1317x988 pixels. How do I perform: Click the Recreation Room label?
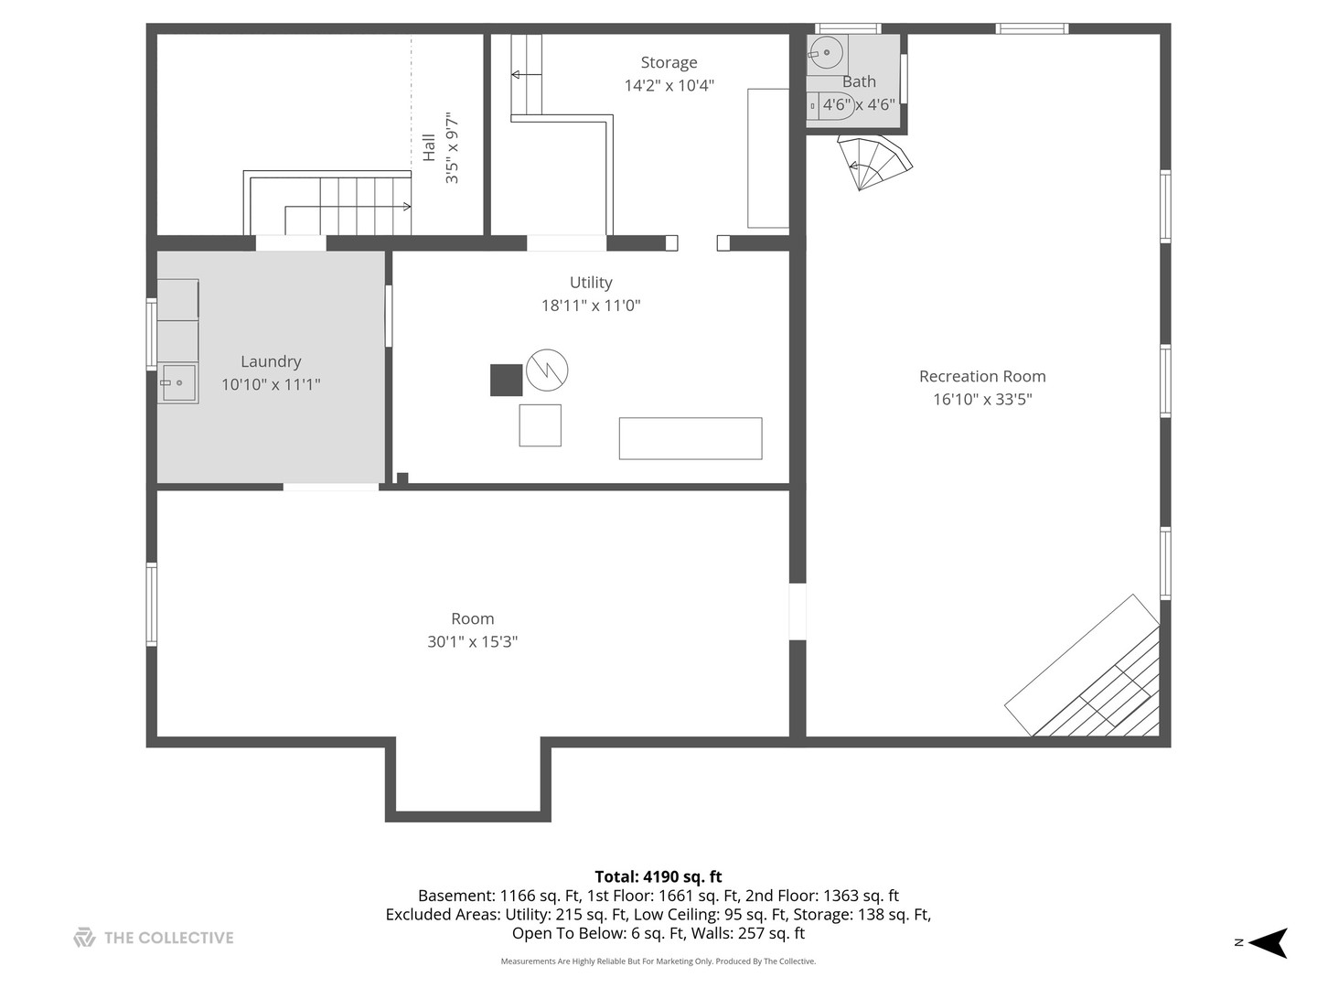click(982, 376)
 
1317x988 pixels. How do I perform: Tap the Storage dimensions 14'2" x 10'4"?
click(669, 85)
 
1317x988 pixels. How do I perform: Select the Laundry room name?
click(271, 361)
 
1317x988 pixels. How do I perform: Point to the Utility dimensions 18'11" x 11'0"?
click(591, 306)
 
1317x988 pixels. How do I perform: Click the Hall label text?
click(428, 147)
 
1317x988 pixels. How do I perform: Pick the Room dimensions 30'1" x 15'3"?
click(472, 642)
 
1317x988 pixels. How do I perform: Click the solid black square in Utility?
click(507, 381)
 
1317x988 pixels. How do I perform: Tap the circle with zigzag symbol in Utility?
click(547, 370)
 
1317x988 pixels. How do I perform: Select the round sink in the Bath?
click(826, 53)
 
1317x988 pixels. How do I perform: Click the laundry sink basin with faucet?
click(178, 382)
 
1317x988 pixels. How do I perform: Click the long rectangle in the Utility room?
click(691, 438)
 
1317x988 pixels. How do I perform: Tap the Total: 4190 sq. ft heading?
click(658, 876)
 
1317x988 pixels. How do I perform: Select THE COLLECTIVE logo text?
click(168, 938)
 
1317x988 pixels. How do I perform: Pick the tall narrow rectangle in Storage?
click(768, 158)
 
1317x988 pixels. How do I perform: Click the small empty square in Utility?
click(540, 425)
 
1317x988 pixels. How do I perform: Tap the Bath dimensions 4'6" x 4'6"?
click(859, 105)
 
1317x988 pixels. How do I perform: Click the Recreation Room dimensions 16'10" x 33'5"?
click(982, 400)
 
